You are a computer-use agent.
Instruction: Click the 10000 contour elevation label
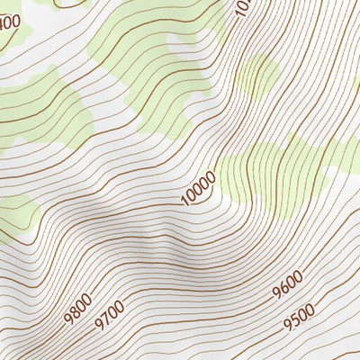pyautogui.click(x=198, y=189)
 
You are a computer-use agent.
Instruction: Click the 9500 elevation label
pyautogui.click(x=298, y=316)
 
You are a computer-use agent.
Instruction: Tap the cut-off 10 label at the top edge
pyautogui.click(x=240, y=6)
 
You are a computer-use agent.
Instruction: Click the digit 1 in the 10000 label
pyautogui.click(x=184, y=202)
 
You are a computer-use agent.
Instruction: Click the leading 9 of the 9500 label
pyautogui.click(x=285, y=324)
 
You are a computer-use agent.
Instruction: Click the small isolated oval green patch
pyautogui.click(x=258, y=76)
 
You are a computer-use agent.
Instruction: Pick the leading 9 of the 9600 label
pyautogui.click(x=275, y=297)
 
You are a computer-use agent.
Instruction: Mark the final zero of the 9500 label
pyautogui.click(x=310, y=309)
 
